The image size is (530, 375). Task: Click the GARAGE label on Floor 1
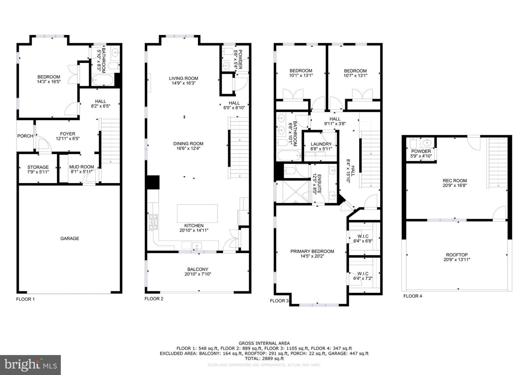pyautogui.click(x=70, y=238)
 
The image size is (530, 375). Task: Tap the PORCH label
pyautogui.click(x=25, y=136)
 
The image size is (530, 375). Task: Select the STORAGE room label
pyautogui.click(x=38, y=167)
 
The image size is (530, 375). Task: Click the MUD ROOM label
pyautogui.click(x=82, y=167)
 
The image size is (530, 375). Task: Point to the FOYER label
pyautogui.click(x=68, y=134)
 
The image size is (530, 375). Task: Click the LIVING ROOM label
pyautogui.click(x=183, y=78)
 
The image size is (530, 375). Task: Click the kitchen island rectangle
pyautogui.click(x=197, y=213)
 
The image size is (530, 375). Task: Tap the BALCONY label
pyautogui.click(x=198, y=269)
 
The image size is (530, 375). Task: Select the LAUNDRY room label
pyautogui.click(x=321, y=144)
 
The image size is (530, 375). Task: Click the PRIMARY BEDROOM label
pyautogui.click(x=312, y=252)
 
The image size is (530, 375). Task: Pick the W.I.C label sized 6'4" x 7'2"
pyautogui.click(x=363, y=274)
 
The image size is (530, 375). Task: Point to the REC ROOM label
pyautogui.click(x=455, y=181)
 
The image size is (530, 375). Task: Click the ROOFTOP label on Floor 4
pyautogui.click(x=457, y=255)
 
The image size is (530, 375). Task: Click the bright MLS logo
pyautogui.click(x=31, y=365)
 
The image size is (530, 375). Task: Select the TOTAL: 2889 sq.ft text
pyautogui.click(x=264, y=358)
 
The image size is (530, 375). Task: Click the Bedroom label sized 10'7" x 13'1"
pyautogui.click(x=355, y=71)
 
